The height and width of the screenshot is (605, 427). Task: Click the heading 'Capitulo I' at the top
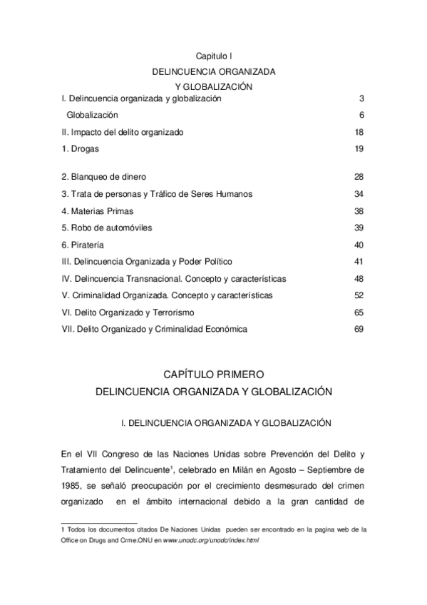pos(214,56)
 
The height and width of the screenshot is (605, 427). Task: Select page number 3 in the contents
pos(361,98)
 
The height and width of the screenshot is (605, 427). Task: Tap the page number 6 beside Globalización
pos(361,116)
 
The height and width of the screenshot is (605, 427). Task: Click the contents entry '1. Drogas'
pos(80,149)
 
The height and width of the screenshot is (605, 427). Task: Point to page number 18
pos(359,133)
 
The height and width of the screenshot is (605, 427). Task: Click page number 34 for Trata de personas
pos(359,194)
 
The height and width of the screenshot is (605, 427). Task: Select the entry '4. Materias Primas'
pos(97,211)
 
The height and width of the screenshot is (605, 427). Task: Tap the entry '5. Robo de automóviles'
pos(106,228)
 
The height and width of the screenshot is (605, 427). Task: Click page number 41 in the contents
pos(359,261)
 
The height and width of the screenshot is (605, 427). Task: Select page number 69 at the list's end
pos(359,329)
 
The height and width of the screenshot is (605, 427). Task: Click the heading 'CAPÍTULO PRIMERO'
pos(214,375)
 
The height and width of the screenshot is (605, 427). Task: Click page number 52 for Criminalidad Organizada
pos(359,295)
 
